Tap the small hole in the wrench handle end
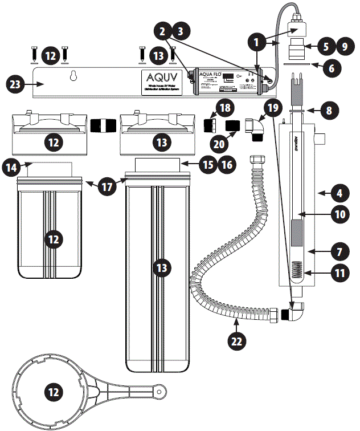163,391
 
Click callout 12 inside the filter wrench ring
53,392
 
